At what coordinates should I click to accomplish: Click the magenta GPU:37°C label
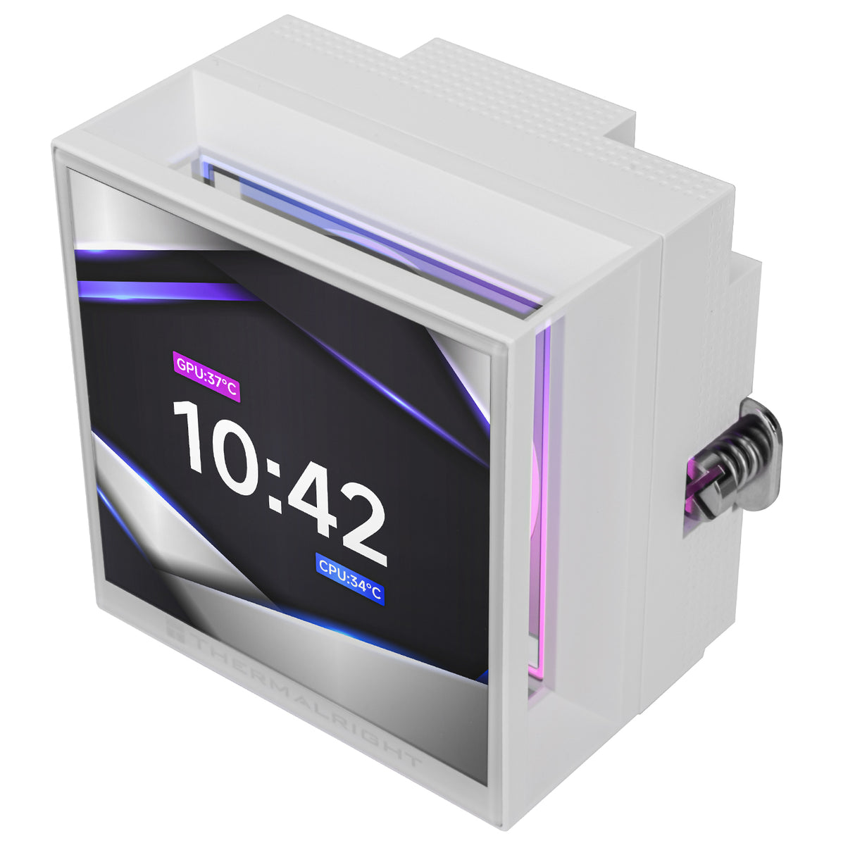tap(206, 377)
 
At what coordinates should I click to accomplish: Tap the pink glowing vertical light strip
tap(541, 493)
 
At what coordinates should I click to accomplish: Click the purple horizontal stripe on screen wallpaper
tap(162, 289)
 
